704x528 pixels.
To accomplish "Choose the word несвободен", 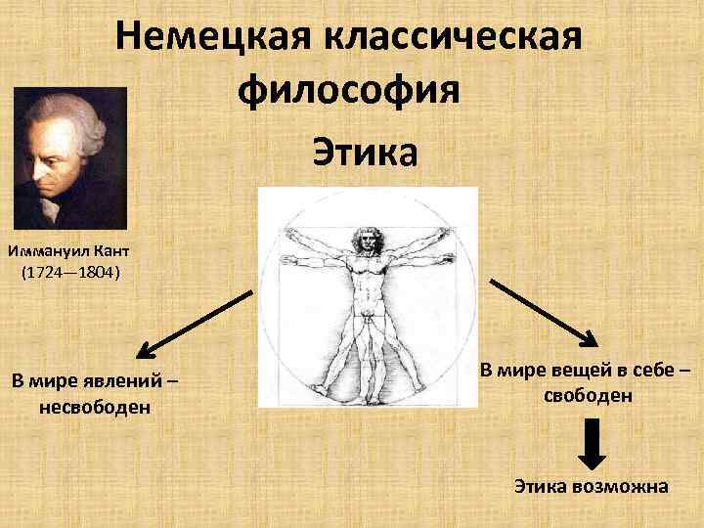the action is pos(95,406).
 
